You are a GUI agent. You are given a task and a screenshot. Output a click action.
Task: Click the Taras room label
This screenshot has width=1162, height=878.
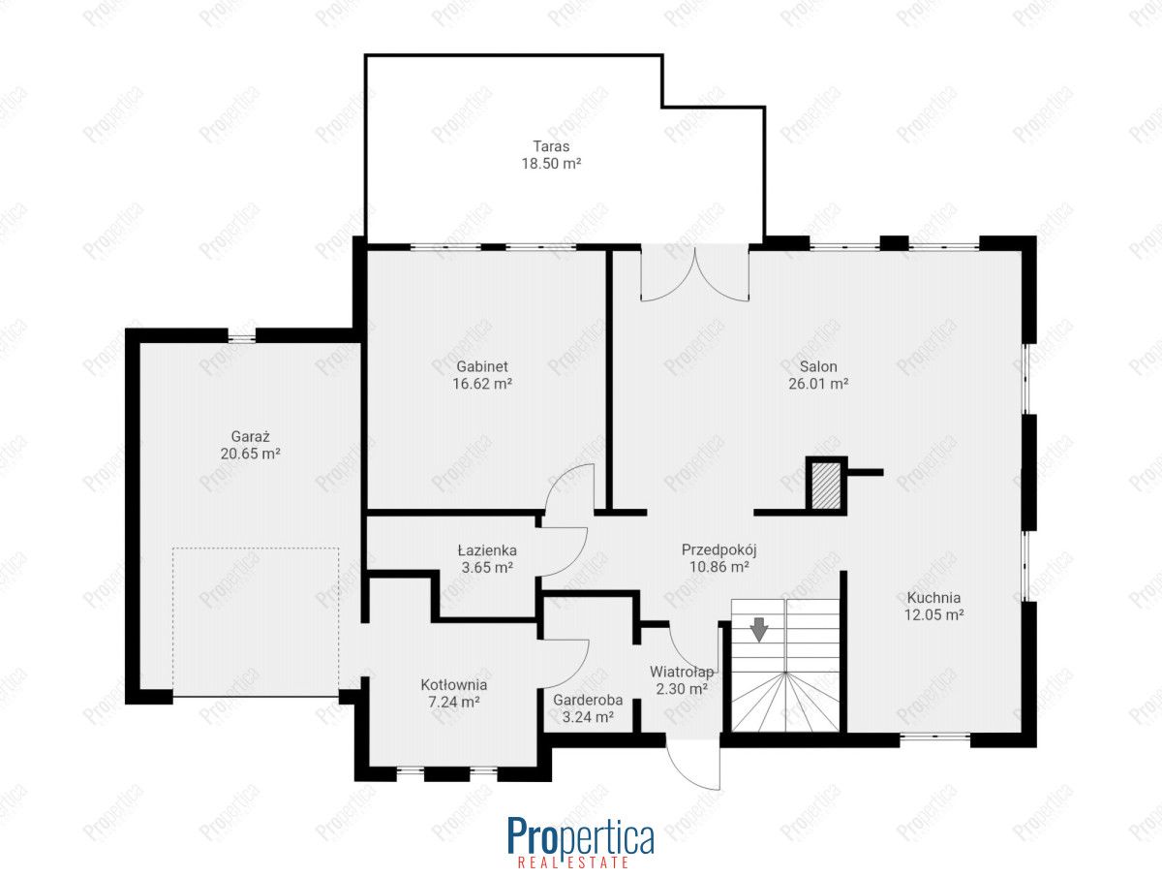pos(551,145)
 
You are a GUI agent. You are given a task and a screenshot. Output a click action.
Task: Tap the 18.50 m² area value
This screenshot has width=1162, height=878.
pos(551,163)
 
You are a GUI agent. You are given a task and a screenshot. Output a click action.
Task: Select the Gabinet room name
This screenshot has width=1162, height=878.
pos(481,366)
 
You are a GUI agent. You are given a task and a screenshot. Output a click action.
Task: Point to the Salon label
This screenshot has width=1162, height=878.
pos(818,366)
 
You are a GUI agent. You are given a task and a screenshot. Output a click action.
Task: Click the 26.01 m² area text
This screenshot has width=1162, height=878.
pos(818,384)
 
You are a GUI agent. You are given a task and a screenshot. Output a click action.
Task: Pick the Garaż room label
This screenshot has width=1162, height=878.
pos(251,436)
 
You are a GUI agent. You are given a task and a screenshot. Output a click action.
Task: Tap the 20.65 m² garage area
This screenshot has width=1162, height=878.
pos(251,454)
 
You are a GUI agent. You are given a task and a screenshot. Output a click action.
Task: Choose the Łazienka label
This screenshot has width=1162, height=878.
pos(487,550)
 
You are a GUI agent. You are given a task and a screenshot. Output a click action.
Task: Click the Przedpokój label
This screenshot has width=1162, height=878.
pos(719,550)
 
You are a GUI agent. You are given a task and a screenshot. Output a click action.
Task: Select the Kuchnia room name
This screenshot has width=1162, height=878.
pos(933,597)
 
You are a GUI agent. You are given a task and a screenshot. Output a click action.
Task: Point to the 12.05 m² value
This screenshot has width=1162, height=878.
pos(933,614)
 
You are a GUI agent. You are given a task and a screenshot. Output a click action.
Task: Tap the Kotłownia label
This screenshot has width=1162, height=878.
pos(454,685)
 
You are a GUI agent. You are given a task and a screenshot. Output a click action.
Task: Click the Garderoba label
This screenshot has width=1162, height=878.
pos(588,700)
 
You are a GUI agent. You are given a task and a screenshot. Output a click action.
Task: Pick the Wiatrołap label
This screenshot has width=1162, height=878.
pos(682,672)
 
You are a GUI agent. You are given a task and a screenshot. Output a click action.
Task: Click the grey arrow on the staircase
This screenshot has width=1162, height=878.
pos(760,630)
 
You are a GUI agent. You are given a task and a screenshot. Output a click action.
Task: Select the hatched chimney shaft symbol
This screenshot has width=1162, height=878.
pos(826,486)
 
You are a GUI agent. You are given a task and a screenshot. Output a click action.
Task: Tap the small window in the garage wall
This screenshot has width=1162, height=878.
pos(241,335)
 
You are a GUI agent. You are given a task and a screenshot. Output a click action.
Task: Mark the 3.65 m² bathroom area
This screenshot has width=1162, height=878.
pos(487,568)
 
